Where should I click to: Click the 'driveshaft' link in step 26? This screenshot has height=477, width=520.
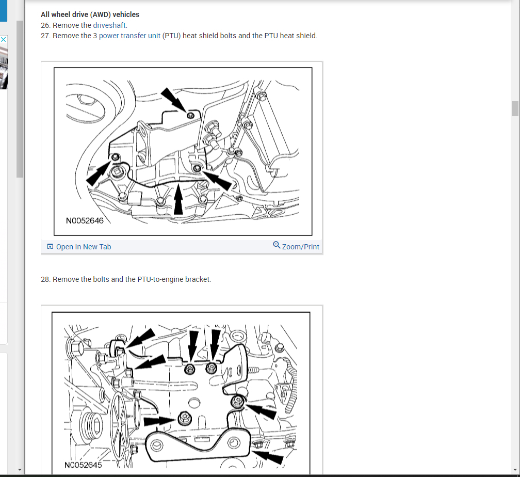pyautogui.click(x=109, y=25)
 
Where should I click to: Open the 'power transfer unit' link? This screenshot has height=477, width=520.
pyautogui.click(x=129, y=36)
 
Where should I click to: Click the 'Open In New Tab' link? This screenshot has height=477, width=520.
pyautogui.click(x=84, y=247)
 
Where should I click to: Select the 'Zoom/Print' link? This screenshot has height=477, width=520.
pyautogui.click(x=300, y=247)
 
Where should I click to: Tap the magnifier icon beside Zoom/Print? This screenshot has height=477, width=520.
pyautogui.click(x=277, y=245)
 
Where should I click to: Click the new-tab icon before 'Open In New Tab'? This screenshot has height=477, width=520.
pyautogui.click(x=50, y=246)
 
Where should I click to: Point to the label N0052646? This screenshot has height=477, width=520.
pyautogui.click(x=85, y=221)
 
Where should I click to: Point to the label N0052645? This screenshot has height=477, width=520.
pyautogui.click(x=83, y=465)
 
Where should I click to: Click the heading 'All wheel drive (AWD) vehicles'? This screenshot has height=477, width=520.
pyautogui.click(x=90, y=14)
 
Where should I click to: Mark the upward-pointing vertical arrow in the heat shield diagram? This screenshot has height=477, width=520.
pyautogui.click(x=178, y=199)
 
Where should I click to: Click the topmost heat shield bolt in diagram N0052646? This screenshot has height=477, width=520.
pyautogui.click(x=191, y=115)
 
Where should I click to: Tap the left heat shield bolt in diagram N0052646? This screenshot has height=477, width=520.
pyautogui.click(x=116, y=156)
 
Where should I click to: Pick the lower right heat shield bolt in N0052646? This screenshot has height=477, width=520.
pyautogui.click(x=197, y=168)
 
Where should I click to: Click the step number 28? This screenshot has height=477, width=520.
pyautogui.click(x=45, y=279)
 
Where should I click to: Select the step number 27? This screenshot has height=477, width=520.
pyautogui.click(x=45, y=36)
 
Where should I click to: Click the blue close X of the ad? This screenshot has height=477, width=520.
pyautogui.click(x=3, y=40)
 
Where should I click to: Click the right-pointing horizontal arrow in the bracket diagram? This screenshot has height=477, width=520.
pyautogui.click(x=159, y=421)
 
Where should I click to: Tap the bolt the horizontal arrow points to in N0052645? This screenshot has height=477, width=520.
pyautogui.click(x=184, y=418)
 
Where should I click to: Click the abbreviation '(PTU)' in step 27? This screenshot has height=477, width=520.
pyautogui.click(x=171, y=36)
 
